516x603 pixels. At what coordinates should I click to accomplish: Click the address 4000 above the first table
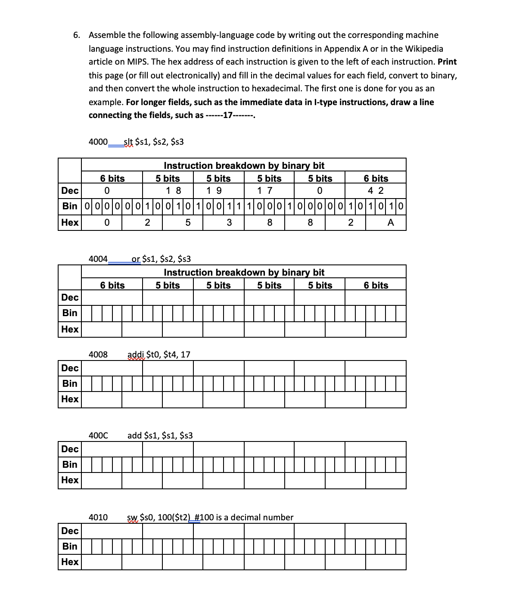[98, 142]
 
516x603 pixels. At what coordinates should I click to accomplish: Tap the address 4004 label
[98, 259]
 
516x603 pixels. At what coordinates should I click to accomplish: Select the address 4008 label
[98, 355]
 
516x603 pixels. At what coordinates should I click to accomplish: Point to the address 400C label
[98, 436]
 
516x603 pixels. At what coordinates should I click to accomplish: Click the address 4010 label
[98, 518]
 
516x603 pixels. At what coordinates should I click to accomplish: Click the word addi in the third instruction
[136, 355]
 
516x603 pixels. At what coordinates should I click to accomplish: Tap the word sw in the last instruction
[132, 518]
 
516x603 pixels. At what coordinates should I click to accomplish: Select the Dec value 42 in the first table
[376, 191]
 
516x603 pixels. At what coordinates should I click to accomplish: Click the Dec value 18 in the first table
[174, 191]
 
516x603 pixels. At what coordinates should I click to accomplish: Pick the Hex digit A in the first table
[391, 223]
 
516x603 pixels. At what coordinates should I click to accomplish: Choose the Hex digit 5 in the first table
[187, 223]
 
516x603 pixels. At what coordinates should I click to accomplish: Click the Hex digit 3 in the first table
[229, 223]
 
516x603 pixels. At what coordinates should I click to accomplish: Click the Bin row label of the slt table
[70, 206]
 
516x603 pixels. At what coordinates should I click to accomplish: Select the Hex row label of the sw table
[70, 562]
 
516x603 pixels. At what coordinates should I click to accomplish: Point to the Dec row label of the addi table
[70, 368]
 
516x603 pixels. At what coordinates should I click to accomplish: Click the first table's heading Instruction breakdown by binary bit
[244, 166]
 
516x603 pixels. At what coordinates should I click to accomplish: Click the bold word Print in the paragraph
[447, 62]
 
